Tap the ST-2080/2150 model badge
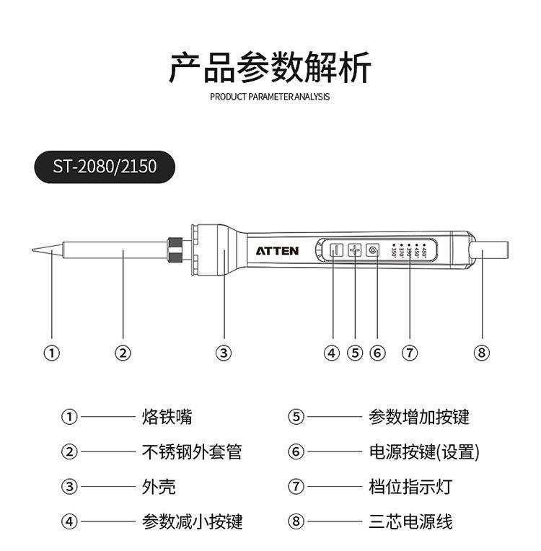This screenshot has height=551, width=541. [105, 167]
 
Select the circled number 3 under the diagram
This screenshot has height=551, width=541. [224, 353]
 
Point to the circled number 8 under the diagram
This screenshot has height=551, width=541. [482, 353]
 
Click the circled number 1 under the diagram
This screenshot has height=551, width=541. [51, 353]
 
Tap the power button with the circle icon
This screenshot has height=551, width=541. [373, 250]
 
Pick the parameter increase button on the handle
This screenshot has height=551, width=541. [354, 250]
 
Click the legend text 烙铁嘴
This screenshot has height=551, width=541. [167, 417]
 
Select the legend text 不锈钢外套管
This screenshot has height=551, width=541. [192, 452]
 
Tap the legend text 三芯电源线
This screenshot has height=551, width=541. [410, 521]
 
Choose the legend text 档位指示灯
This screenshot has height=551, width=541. [410, 487]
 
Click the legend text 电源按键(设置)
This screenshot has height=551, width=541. [424, 452]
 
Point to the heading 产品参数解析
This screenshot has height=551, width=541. [270, 68]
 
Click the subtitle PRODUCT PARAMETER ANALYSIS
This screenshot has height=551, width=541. [270, 97]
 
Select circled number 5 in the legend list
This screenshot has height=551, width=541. [296, 417]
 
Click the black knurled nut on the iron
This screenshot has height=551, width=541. [175, 250]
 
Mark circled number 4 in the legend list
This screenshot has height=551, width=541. [69, 521]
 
